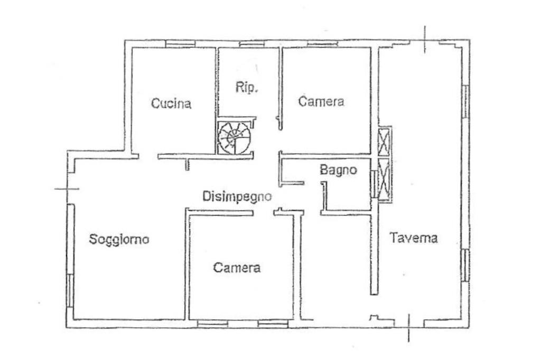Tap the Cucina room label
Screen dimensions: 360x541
tap(171, 103)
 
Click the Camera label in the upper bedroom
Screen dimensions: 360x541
tap(321, 101)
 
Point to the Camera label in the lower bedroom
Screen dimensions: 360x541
tap(237, 268)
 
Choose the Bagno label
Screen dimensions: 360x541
tap(339, 170)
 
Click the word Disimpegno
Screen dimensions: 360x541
tap(238, 196)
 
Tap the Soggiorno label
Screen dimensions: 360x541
tap(119, 239)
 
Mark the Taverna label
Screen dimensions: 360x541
tap(414, 238)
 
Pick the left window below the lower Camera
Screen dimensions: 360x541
tap(212, 323)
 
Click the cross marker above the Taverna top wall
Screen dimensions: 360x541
tap(425, 39)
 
